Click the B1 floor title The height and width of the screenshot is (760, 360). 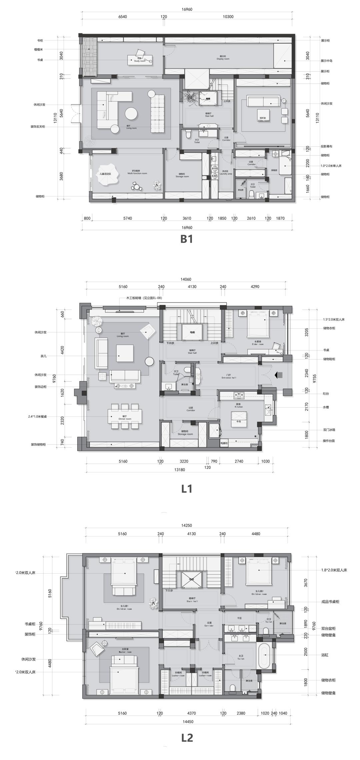[x=187, y=239]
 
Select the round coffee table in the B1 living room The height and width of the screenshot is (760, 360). [x=131, y=114]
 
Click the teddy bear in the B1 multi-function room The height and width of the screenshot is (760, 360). [x=157, y=185]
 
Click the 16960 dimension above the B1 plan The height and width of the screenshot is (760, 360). [x=187, y=10]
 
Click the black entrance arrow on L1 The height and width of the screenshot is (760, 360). [x=278, y=375]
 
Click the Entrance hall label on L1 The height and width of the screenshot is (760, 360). [x=229, y=377]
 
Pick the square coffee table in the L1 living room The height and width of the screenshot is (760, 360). [x=125, y=353]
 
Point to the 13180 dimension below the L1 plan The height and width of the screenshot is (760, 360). [x=180, y=469]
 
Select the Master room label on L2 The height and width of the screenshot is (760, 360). [x=124, y=643]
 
